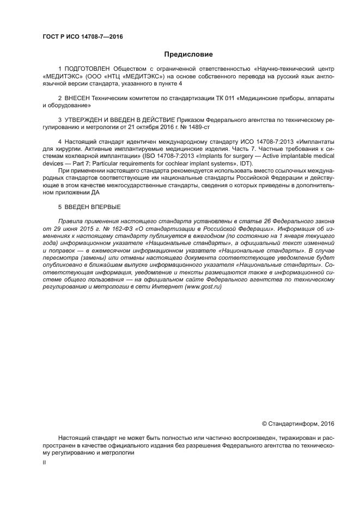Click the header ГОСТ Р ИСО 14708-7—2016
(82, 36)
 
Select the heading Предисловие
(188, 54)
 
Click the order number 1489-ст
(198, 126)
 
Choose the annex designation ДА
(96, 192)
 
